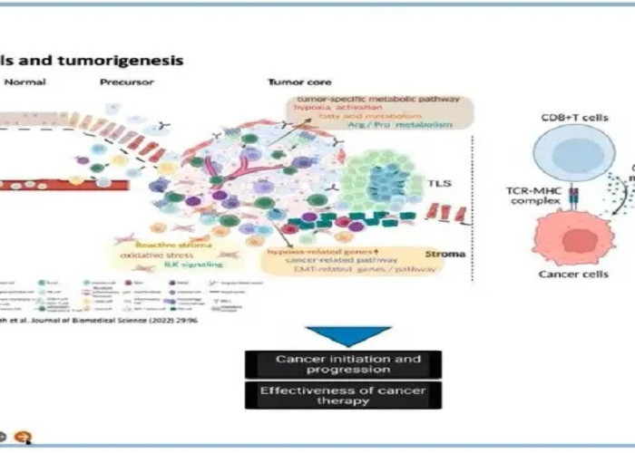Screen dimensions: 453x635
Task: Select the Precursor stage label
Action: click(128, 82)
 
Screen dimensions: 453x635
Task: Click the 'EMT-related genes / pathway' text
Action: click(335, 270)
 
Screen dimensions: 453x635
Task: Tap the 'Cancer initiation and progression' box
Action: click(343, 364)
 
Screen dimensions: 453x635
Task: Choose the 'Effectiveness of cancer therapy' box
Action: click(343, 395)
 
